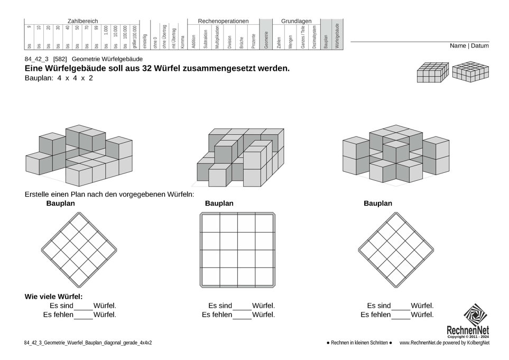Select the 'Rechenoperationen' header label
(x=223, y=21)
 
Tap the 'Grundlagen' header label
(x=296, y=21)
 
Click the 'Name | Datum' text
(x=469, y=46)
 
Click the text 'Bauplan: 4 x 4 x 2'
(x=59, y=78)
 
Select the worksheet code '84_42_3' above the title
(x=36, y=59)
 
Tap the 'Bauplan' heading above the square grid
(x=219, y=204)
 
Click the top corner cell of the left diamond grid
(x=79, y=222)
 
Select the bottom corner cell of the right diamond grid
(x=396, y=278)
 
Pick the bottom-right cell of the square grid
(x=264, y=278)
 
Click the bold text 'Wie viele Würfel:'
(x=53, y=297)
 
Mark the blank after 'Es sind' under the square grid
(x=242, y=307)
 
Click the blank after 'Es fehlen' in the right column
(x=401, y=316)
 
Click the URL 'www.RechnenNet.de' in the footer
(x=421, y=343)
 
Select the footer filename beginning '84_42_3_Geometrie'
(x=88, y=343)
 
